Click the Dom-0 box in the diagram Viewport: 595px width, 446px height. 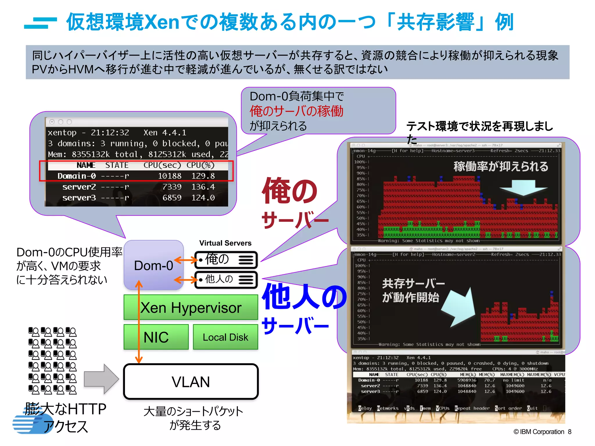point(154,265)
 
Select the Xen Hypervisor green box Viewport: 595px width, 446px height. point(191,307)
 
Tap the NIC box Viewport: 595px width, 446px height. point(156,337)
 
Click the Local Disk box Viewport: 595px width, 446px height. point(225,337)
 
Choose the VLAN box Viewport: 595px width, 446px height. point(191,382)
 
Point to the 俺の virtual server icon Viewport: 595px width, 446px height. point(226,259)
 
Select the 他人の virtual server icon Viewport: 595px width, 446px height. point(226,280)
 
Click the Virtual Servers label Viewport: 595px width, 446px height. point(225,243)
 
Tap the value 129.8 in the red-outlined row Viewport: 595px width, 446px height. point(203,176)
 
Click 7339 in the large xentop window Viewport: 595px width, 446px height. point(172,187)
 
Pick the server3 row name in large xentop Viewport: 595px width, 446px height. point(79,198)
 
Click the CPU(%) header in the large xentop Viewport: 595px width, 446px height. point(200,165)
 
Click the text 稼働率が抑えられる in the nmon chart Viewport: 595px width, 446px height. point(501,166)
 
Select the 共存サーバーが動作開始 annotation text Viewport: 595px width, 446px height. point(413,290)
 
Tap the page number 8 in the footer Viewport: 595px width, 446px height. point(570,432)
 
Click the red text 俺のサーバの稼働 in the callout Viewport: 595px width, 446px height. point(296,111)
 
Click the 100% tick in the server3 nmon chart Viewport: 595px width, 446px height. point(359,162)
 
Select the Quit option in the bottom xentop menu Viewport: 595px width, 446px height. point(532,408)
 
